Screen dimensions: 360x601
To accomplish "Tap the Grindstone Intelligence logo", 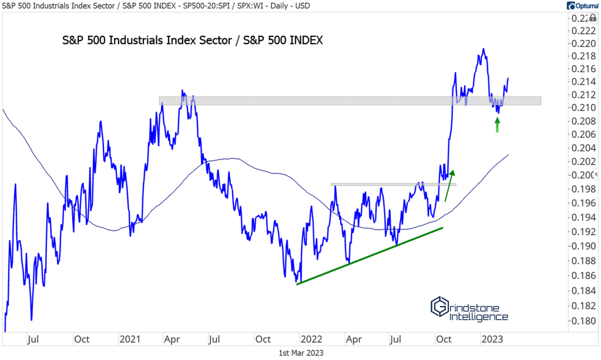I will (x=469, y=309).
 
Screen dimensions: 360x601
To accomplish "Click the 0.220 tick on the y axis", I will (x=579, y=44).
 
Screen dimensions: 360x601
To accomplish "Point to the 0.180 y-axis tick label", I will (x=579, y=321).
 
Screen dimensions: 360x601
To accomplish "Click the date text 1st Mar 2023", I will (x=300, y=352).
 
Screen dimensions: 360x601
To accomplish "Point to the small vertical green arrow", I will (x=497, y=125).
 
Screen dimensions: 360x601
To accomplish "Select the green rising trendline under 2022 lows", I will (x=370, y=256).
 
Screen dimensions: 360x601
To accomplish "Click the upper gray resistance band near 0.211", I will (x=350, y=101).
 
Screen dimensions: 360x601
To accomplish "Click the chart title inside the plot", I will (x=193, y=41).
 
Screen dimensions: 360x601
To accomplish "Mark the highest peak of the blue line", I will (x=483, y=49).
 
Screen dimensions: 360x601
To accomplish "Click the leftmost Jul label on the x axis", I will (x=33, y=339).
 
